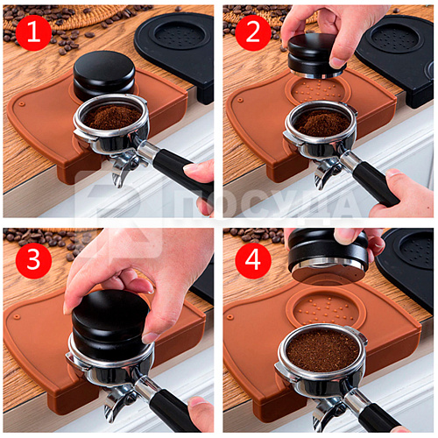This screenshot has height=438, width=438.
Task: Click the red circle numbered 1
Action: (x=33, y=32)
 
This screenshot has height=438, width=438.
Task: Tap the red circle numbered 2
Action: (x=253, y=32)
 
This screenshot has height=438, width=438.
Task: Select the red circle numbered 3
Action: (x=33, y=260)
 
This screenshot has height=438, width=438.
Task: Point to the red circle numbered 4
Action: (x=253, y=260)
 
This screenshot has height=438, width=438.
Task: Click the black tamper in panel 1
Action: (x=103, y=76)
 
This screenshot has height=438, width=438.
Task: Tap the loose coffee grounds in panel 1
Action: (x=112, y=117)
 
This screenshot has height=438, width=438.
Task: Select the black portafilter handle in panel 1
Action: (x=182, y=173)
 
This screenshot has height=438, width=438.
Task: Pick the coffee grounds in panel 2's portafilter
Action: (x=321, y=124)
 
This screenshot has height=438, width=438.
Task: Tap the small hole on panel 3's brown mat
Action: (x=17, y=316)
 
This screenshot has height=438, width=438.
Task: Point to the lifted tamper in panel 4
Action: (x=328, y=257)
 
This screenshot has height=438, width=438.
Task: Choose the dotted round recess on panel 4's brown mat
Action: (x=326, y=309)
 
